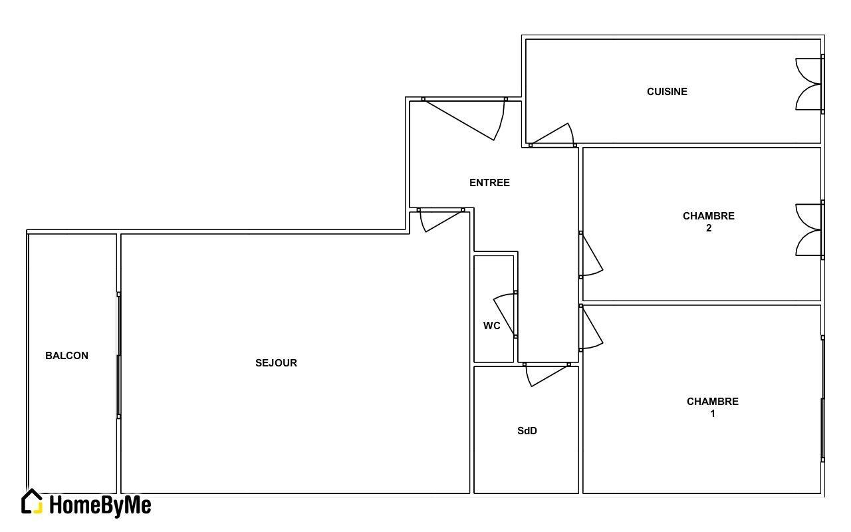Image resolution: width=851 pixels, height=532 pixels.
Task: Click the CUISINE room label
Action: pos(667,92)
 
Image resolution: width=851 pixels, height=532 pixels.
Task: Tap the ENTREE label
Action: pos(489,183)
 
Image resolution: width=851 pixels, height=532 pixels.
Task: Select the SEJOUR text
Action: pos(276,363)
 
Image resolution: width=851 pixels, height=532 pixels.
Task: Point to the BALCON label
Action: pos(67,356)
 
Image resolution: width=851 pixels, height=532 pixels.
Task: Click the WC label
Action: pos(491,326)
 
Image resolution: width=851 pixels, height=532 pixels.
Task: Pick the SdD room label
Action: pos(527,431)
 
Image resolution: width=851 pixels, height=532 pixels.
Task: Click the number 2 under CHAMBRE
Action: pos(709,228)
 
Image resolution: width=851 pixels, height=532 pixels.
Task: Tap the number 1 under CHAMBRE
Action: pos(713,414)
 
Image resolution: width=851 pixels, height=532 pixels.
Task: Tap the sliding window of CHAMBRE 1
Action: pos(822,399)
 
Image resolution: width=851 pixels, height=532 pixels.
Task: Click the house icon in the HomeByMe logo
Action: pos(32,501)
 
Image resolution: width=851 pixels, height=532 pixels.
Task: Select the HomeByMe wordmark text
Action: pos(100,505)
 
